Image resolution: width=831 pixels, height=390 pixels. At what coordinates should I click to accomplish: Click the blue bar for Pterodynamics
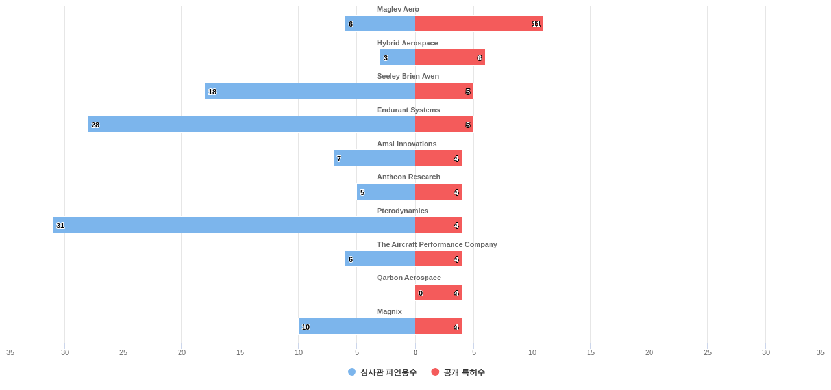234,225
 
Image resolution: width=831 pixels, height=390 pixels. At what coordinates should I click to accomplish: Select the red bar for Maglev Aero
479,23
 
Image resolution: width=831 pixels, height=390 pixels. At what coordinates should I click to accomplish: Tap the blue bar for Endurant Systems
252,124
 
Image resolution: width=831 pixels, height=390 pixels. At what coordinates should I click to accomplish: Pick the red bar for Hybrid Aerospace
450,57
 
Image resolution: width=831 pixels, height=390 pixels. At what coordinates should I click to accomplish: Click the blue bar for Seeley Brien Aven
310,91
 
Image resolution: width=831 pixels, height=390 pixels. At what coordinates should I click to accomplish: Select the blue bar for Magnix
357,326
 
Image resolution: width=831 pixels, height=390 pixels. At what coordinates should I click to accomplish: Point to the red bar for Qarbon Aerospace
439,292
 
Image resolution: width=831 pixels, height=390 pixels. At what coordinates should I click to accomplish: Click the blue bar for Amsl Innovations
375,158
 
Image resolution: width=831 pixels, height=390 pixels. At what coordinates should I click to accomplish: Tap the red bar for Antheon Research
439,192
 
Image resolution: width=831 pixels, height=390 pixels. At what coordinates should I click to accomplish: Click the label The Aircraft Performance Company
437,244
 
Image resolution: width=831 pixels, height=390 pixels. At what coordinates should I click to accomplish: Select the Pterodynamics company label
403,211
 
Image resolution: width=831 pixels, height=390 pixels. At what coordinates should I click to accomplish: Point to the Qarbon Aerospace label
409,278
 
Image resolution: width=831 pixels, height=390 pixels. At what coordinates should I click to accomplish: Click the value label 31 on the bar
60,226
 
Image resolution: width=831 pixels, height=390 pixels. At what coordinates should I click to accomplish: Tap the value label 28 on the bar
95,125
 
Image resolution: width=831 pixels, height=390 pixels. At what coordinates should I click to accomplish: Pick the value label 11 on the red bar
536,24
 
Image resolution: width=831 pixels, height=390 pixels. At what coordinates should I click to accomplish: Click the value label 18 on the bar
212,92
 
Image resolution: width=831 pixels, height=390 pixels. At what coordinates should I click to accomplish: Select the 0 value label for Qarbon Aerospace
421,293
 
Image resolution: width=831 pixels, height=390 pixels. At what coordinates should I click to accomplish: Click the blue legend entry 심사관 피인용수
382,372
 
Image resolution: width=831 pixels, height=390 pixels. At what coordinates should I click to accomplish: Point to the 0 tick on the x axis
415,352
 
